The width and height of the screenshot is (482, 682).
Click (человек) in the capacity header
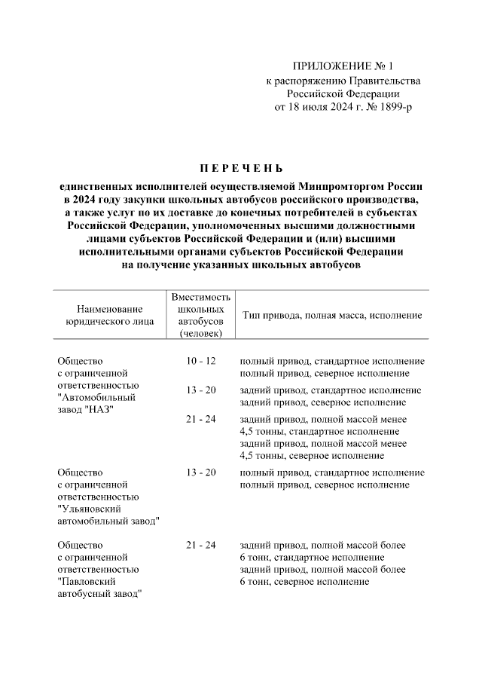pos(201,332)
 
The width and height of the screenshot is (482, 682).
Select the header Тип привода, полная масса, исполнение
pos(331,315)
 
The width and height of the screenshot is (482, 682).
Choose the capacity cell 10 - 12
pos(201,361)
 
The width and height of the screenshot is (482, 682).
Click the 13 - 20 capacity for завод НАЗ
pos(201,390)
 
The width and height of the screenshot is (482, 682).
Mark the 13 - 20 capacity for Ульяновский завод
pos(201,472)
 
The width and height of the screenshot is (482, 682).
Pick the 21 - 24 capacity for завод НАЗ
pos(201,419)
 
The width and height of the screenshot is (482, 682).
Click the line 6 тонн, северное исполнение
pos(304,582)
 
